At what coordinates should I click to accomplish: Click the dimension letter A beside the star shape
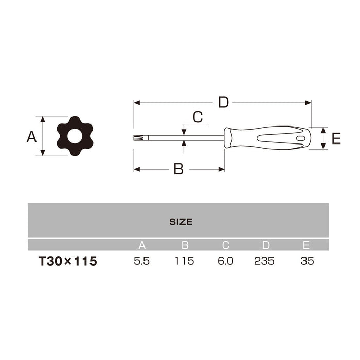31,137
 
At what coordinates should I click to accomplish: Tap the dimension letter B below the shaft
178,169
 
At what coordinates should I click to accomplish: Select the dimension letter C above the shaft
197,117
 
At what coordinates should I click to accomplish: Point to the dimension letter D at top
223,102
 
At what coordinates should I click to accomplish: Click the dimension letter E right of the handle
336,138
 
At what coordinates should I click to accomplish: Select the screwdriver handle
267,138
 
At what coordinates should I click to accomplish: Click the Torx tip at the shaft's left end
138,137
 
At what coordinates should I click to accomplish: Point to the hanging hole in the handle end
300,138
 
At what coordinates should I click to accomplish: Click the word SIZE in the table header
181,222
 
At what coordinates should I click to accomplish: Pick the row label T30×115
67,261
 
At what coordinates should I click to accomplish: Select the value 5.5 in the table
141,261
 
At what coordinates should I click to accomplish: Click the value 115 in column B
184,261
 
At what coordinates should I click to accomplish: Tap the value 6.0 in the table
225,261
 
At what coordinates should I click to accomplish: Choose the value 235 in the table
264,261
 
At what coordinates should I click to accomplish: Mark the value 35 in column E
307,261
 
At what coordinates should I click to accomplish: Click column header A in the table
142,245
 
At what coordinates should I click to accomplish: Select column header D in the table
265,245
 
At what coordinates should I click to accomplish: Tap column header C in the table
225,245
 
